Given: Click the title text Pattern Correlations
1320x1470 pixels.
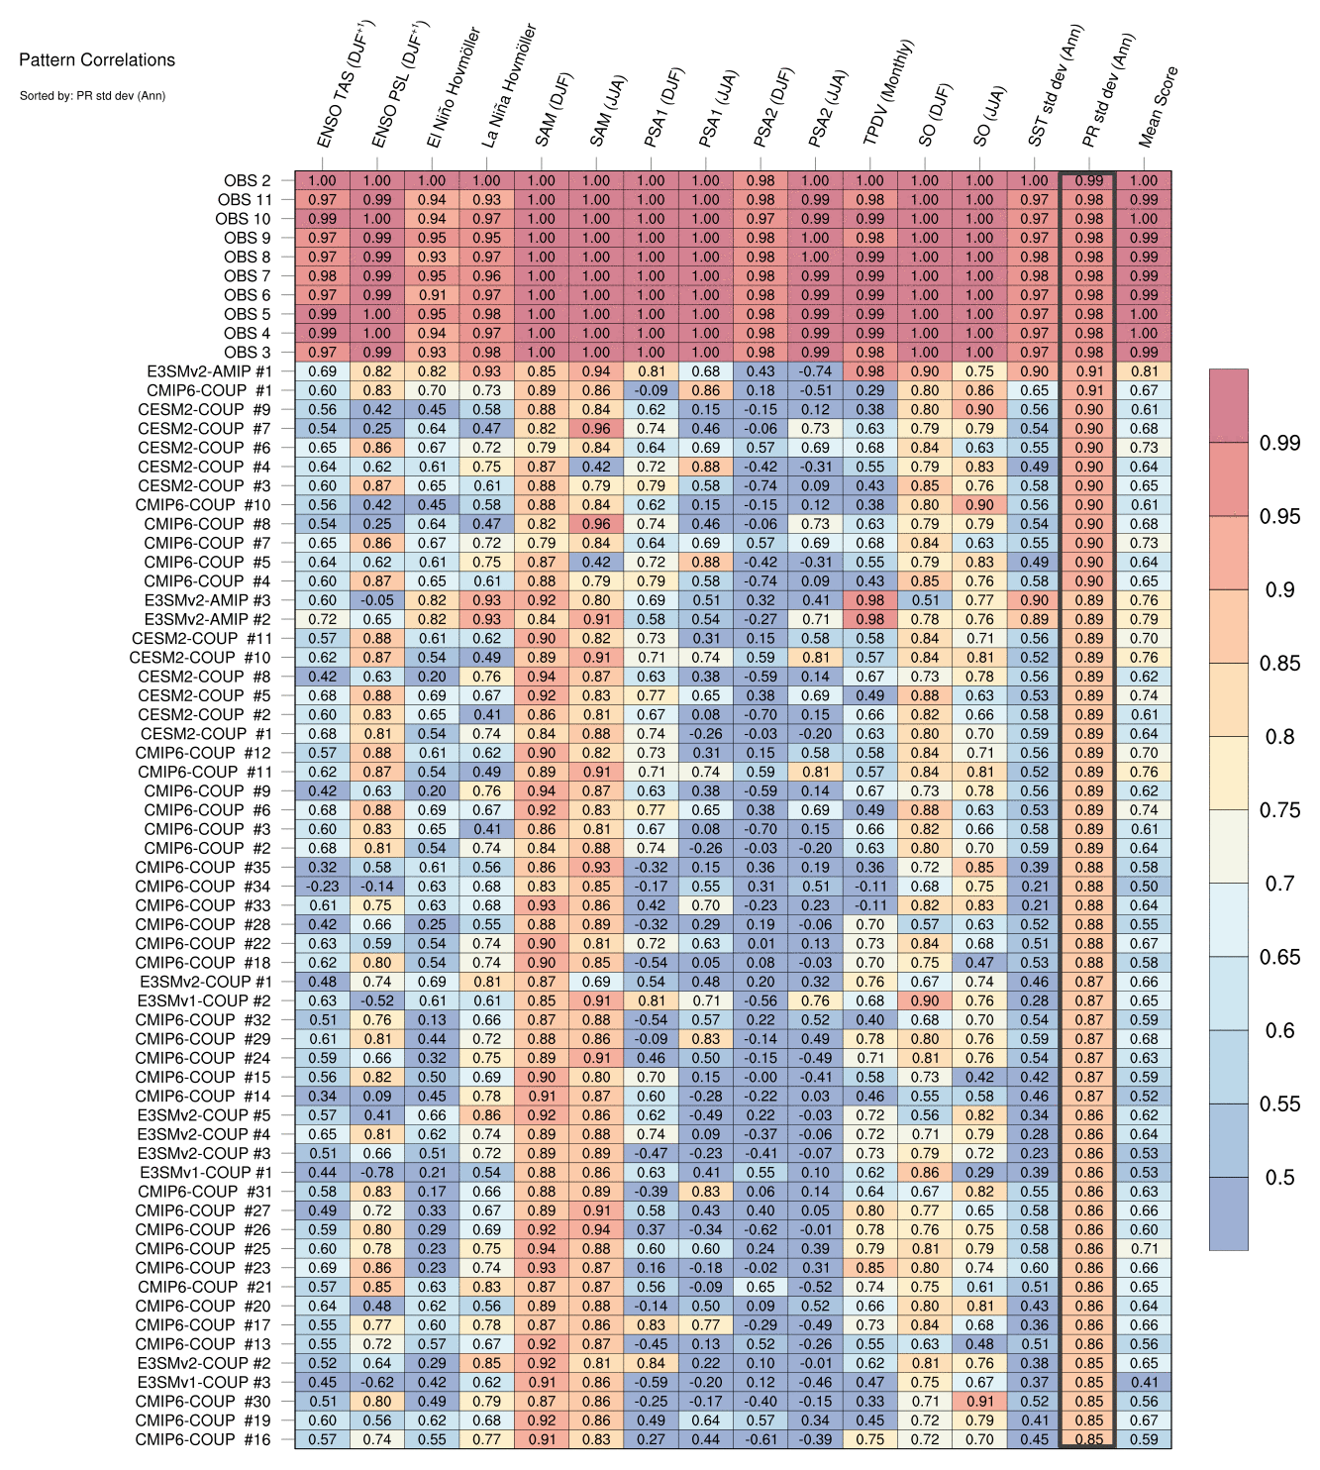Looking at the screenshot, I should pyautogui.click(x=97, y=59).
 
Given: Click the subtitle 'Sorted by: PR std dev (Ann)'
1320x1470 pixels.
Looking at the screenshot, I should pyautogui.click(x=92, y=96).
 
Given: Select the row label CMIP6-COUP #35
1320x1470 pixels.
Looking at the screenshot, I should pyautogui.click(x=203, y=867).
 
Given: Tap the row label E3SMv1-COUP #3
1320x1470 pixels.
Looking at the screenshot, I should pyautogui.click(x=205, y=1382).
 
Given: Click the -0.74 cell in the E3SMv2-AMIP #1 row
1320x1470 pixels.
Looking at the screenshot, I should pyautogui.click(x=815, y=371).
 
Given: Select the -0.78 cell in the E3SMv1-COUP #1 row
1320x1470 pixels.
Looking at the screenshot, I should pyautogui.click(x=376, y=1172).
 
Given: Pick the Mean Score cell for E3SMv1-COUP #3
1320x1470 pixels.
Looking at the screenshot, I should pyautogui.click(x=1144, y=1382).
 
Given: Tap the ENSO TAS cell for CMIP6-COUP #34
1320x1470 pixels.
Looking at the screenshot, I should pyautogui.click(x=322, y=887).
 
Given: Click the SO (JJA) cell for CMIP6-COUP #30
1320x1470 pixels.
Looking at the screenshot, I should pyautogui.click(x=979, y=1401).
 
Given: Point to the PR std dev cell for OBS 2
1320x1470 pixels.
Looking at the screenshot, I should pyautogui.click(x=1088, y=181).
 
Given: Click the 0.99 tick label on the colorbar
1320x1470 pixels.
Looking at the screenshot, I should pyautogui.click(x=1279, y=443).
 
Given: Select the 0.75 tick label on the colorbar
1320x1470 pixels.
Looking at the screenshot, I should pyautogui.click(x=1279, y=809).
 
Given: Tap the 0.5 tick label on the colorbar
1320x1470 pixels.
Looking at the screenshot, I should pyautogui.click(x=1279, y=1177).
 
